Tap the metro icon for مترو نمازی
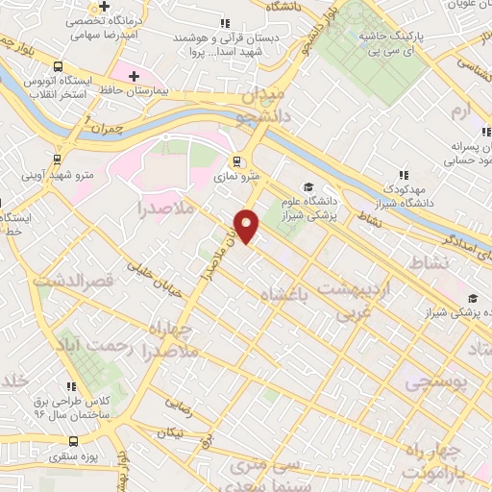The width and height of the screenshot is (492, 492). [x=236, y=162]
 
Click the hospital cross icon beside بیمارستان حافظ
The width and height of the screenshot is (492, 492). [x=133, y=76]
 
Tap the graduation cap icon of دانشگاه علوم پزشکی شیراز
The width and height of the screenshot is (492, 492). [x=308, y=187]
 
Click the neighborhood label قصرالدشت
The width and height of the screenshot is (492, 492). [x=74, y=282]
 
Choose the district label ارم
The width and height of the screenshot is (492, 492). [x=463, y=113]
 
